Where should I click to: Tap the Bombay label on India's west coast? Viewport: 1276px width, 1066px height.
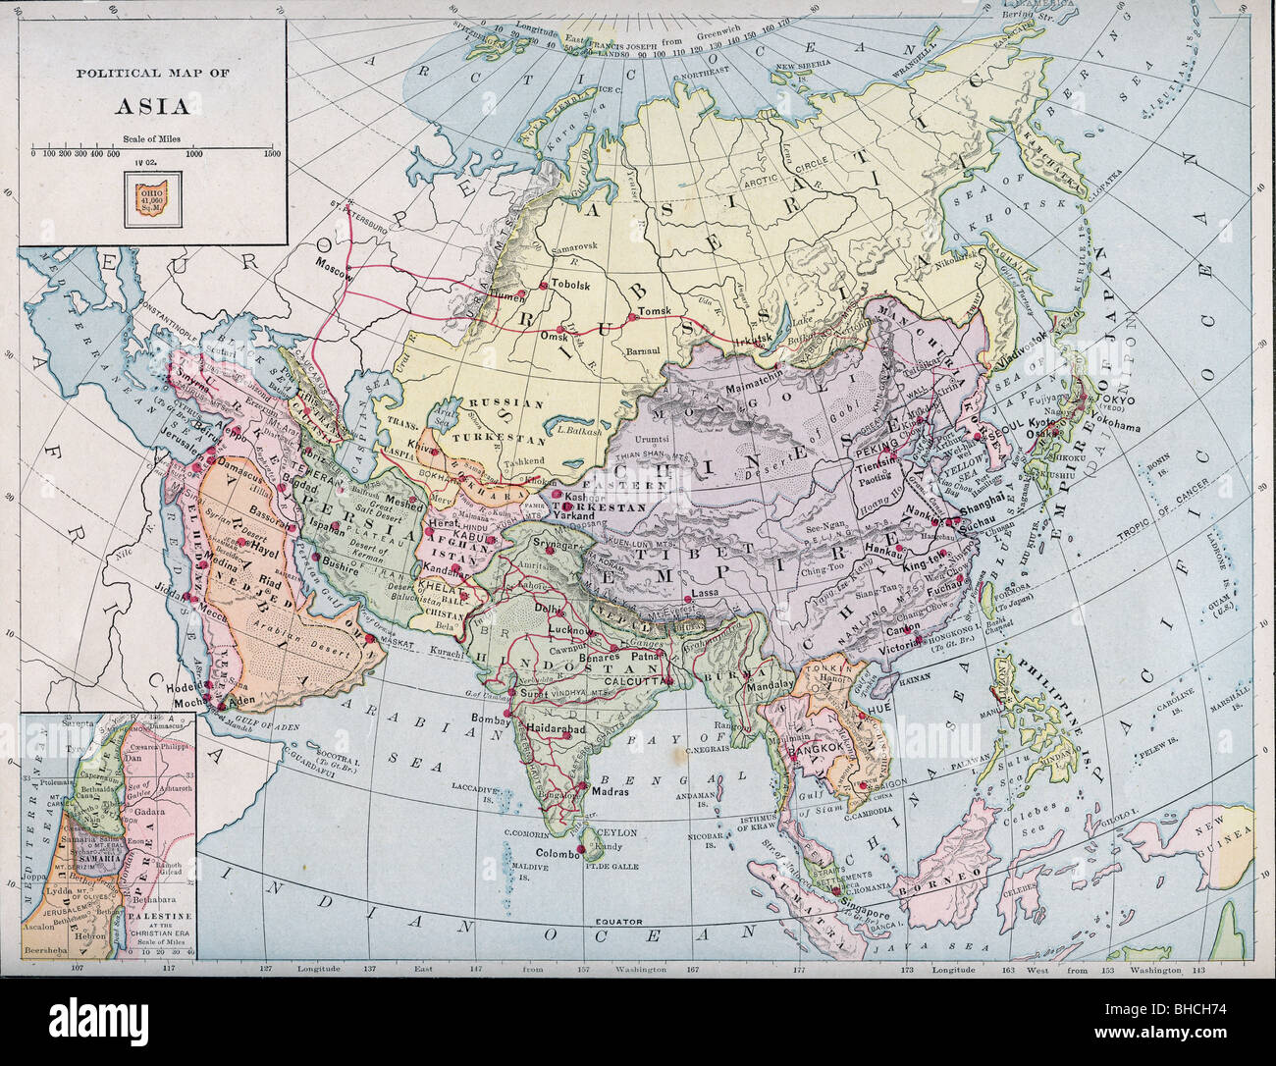[x=490, y=720]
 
